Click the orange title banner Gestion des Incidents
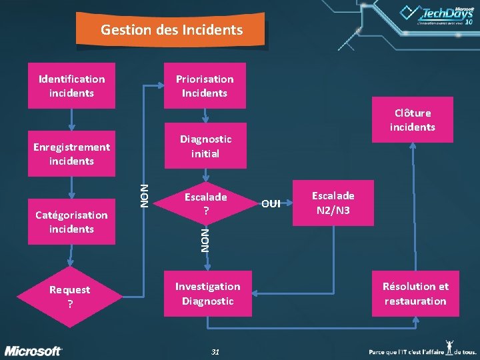click(x=172, y=30)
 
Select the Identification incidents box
click(x=71, y=85)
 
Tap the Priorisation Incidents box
click(x=205, y=85)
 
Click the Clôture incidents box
click(x=413, y=119)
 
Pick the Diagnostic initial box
click(x=205, y=145)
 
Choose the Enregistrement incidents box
click(x=71, y=153)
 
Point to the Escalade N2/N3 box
click(x=333, y=202)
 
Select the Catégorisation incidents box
click(x=71, y=221)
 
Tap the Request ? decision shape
click(x=70, y=296)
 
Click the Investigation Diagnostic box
click(x=207, y=293)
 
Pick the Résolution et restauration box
click(x=415, y=293)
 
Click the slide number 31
click(x=215, y=351)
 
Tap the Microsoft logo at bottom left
click(x=34, y=351)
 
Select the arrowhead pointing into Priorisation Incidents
click(x=161, y=85)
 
